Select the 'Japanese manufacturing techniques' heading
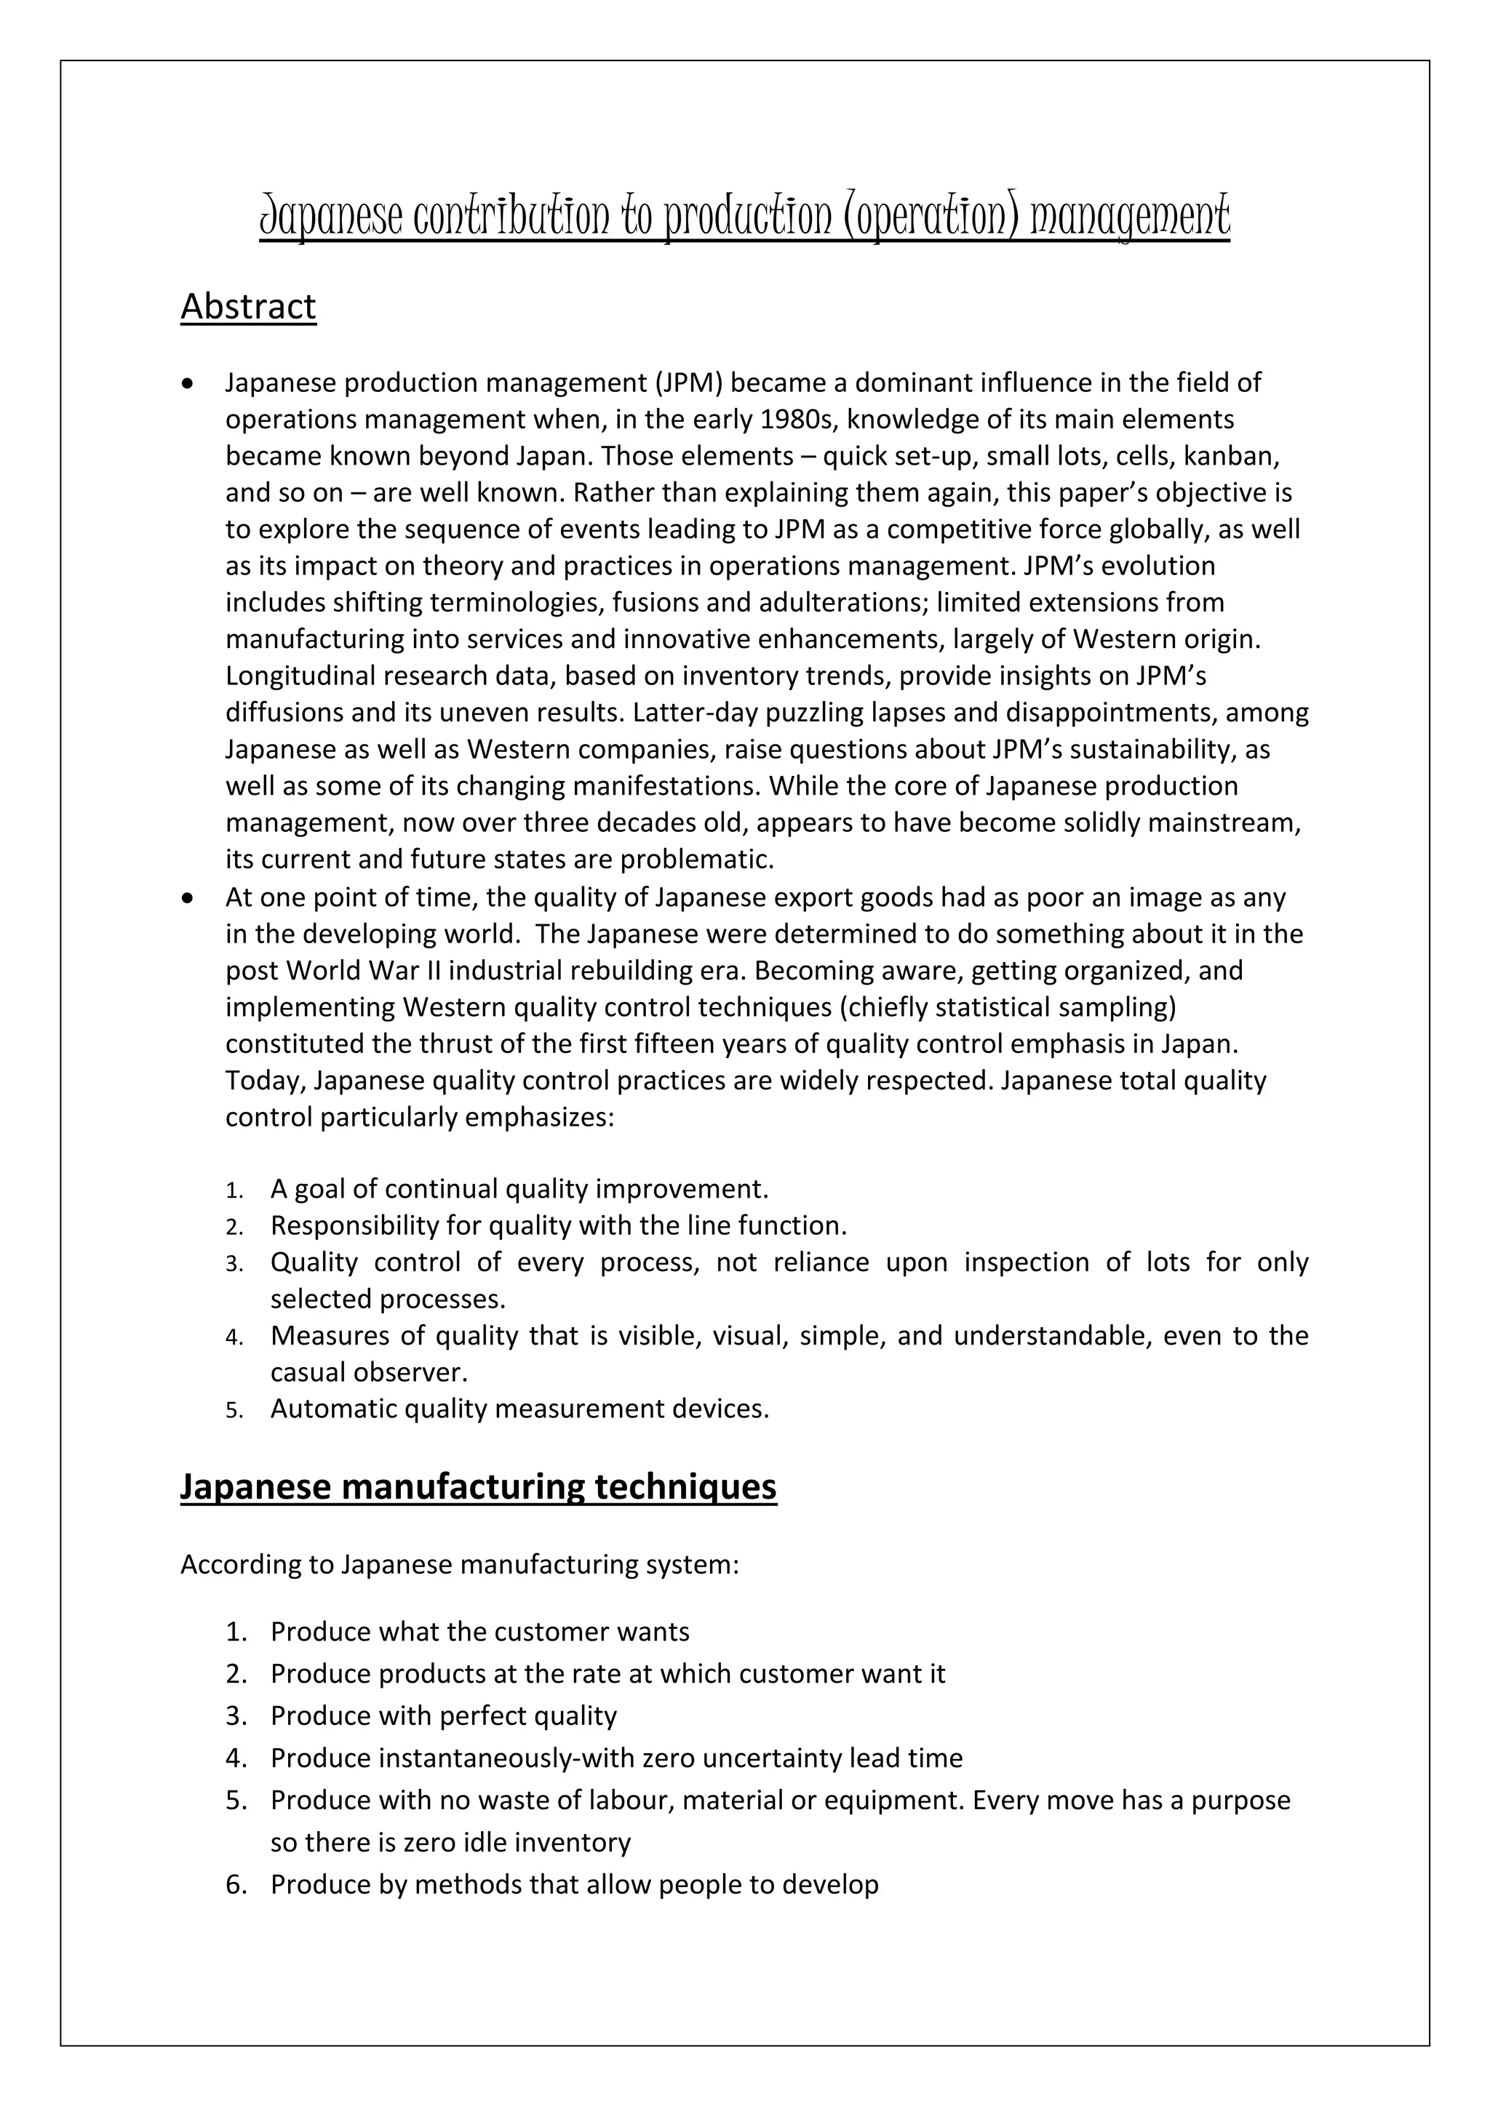(478, 1487)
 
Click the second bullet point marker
(188, 898)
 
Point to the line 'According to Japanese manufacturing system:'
(459, 1565)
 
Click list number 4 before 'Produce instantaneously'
(236, 1758)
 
